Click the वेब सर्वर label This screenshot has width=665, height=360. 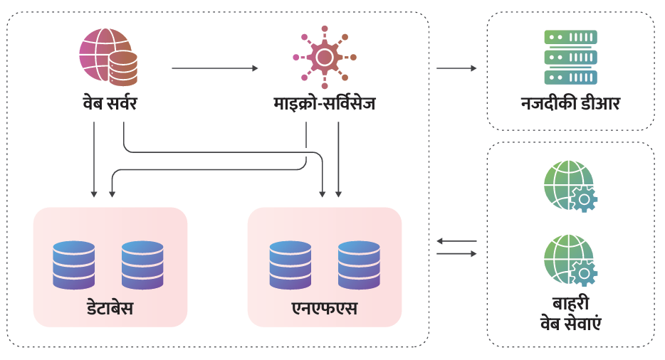click(109, 104)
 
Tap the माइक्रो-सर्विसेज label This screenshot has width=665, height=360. click(325, 104)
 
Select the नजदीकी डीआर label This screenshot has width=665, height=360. click(570, 104)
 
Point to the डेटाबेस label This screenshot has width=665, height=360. click(110, 309)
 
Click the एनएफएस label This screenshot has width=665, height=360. click(325, 309)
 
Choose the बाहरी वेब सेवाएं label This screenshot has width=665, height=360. click(570, 314)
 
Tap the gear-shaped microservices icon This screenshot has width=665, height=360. click(325, 56)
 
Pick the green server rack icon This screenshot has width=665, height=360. click(570, 57)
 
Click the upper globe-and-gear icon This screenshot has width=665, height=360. click(570, 186)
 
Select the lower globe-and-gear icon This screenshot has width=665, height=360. click(570, 260)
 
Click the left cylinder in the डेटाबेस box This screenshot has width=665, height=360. click(74, 265)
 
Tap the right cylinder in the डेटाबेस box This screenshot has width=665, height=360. click(142, 265)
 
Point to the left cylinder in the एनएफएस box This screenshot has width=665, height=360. click(290, 265)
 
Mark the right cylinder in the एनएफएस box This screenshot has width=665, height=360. click(359, 265)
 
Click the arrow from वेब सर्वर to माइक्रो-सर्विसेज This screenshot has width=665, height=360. click(214, 68)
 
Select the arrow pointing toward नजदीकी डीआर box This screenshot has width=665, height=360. click(456, 68)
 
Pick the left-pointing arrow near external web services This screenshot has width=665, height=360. click(456, 241)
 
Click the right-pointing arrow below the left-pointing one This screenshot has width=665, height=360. click(456, 253)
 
